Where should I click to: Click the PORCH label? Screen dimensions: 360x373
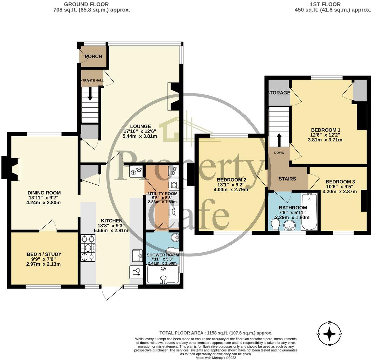[93, 56]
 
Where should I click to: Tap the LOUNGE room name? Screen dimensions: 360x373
[138, 126]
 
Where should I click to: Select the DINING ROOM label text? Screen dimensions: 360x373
[44, 193]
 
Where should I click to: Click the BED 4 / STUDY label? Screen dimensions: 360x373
[44, 254]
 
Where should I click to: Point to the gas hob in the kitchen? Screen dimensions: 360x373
[88, 248]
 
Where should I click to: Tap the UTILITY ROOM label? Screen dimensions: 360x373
[162, 194]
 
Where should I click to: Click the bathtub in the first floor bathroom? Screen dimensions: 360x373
[309, 211]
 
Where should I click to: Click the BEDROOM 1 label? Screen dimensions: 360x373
[326, 130]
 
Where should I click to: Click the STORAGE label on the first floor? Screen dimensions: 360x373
[279, 93]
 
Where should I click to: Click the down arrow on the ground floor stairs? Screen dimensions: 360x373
[90, 94]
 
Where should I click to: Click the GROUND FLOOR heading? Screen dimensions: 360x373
[86, 4]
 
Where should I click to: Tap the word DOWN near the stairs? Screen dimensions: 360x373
[279, 153]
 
